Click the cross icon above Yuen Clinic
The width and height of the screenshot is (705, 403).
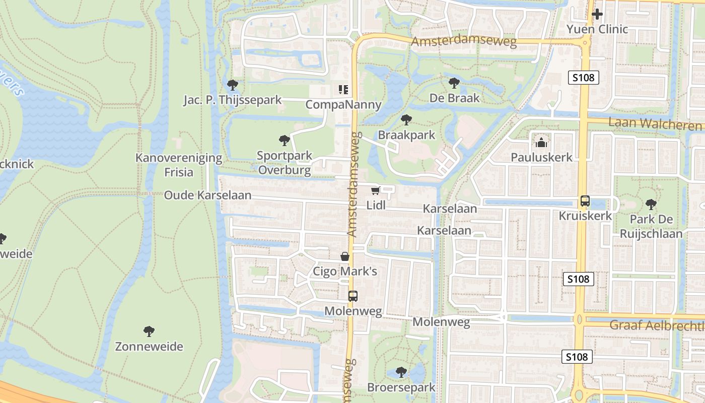tap(597, 14)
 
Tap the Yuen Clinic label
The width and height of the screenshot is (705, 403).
tap(597, 29)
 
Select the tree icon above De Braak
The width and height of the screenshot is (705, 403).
tap(454, 83)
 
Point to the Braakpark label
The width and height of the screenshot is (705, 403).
tap(406, 135)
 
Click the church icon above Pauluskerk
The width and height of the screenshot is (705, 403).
tap(541, 143)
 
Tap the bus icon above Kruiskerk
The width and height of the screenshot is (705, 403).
tap(585, 201)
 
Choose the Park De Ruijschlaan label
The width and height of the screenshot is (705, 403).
tap(651, 226)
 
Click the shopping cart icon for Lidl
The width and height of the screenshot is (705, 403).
tap(375, 190)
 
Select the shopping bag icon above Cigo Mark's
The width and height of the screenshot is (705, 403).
tap(345, 257)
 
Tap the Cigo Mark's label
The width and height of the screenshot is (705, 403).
tap(345, 272)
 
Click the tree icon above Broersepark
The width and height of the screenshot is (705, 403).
tap(401, 372)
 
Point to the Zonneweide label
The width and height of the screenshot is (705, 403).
tap(149, 347)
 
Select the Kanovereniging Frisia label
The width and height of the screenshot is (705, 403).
tap(179, 165)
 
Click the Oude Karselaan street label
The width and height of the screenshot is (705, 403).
tap(207, 195)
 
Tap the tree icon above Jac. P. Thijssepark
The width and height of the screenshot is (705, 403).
tap(232, 85)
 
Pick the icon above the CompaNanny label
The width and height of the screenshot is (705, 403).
tap(343, 90)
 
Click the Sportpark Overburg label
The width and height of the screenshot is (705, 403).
tap(285, 163)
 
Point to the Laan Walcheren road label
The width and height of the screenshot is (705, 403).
tap(655, 124)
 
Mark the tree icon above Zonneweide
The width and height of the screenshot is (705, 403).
tap(149, 331)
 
